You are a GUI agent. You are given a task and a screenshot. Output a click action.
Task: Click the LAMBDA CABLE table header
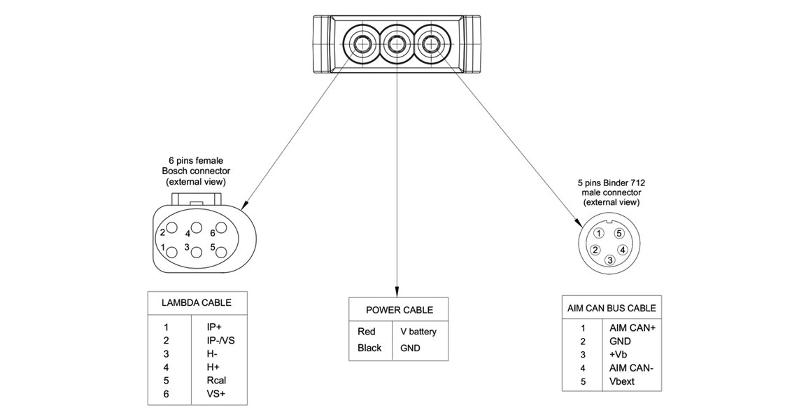point(197,303)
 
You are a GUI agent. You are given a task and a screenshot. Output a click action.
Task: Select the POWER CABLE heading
point(399,309)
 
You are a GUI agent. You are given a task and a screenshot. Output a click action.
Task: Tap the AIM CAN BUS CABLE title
point(611,308)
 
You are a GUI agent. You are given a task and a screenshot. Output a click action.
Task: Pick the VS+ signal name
point(216,394)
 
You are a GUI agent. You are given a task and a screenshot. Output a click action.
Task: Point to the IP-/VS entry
point(221,340)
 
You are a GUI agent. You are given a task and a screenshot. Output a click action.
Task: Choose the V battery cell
point(418,332)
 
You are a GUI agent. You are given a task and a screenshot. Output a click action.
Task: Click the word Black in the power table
point(369,348)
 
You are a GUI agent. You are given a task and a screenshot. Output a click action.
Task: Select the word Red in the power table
point(367,332)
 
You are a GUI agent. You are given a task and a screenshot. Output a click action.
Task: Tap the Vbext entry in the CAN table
point(622,382)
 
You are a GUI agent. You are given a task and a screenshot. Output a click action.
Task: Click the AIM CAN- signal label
point(631,368)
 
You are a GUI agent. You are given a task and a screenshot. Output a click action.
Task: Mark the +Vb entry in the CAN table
point(618,355)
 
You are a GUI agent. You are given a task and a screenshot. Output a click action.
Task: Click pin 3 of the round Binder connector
point(610,260)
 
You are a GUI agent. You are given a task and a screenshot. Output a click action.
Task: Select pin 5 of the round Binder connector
point(618,233)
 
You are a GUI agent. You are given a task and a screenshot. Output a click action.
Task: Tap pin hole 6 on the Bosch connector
point(221,227)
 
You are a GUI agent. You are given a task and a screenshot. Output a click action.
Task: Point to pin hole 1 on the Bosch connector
point(172,248)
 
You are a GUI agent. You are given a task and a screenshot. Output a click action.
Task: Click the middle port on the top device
point(396,45)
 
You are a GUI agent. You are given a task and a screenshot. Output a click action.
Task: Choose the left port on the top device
point(363,45)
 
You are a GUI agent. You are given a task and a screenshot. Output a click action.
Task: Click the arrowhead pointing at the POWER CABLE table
point(397,292)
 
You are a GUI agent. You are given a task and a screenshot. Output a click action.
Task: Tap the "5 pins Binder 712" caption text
point(611,183)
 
